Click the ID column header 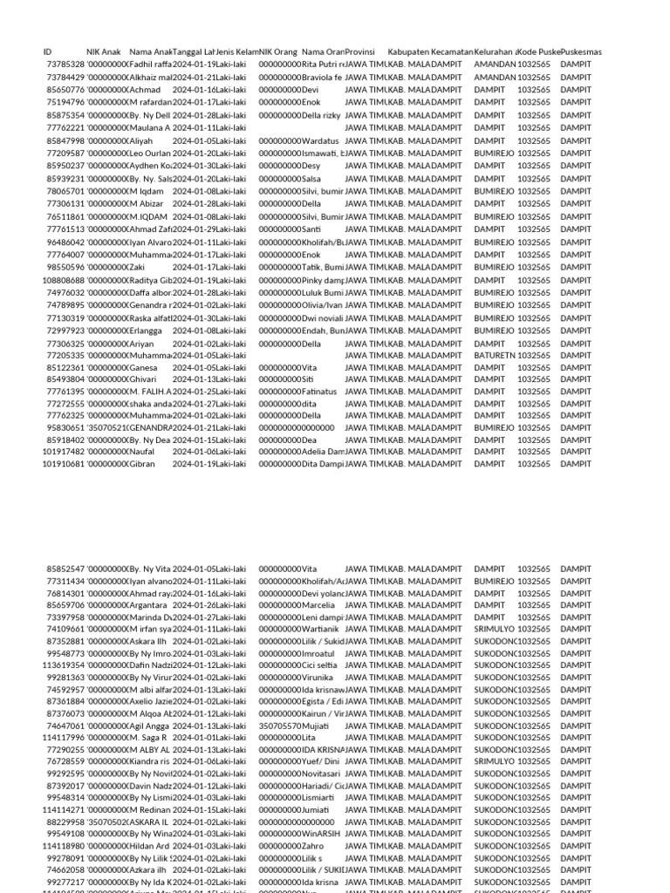click(x=47, y=52)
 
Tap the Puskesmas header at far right click(x=582, y=52)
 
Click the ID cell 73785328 click(x=65, y=65)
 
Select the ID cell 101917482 click(x=64, y=452)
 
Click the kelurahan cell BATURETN click(x=494, y=356)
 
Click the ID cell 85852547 click(x=65, y=569)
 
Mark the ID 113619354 click(x=64, y=665)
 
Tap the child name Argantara click(x=151, y=604)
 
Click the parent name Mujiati click(x=316, y=725)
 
